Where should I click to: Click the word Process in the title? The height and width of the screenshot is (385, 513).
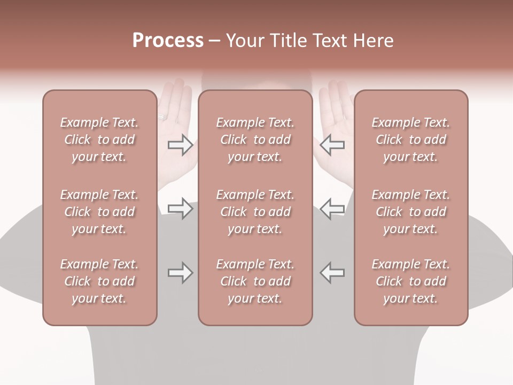168,41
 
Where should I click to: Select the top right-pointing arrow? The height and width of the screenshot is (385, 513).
180,144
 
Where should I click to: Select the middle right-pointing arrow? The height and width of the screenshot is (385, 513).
180,209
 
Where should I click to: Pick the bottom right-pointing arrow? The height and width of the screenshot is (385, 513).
180,273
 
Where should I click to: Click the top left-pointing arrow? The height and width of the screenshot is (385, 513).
332,144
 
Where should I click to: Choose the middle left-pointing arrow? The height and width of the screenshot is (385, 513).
332,209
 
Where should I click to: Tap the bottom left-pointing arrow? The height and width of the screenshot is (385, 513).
332,273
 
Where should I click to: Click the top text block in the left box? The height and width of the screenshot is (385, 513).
99,140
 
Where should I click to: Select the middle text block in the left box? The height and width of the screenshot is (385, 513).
99,212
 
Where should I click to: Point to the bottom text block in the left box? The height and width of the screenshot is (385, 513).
99,281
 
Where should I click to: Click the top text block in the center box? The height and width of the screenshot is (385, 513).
255,140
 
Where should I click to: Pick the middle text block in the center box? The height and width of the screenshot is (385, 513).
255,212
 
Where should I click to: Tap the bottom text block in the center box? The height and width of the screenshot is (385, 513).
255,281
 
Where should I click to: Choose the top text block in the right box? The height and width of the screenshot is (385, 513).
411,140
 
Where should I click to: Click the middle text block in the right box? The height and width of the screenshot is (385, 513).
411,212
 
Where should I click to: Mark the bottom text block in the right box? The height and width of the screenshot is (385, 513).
411,281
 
